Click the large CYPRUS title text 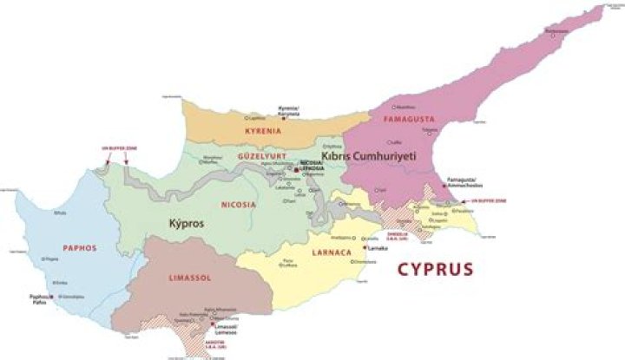pyautogui.click(x=435, y=269)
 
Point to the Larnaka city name pyautogui.click(x=378, y=248)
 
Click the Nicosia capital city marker pyautogui.click(x=295, y=169)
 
